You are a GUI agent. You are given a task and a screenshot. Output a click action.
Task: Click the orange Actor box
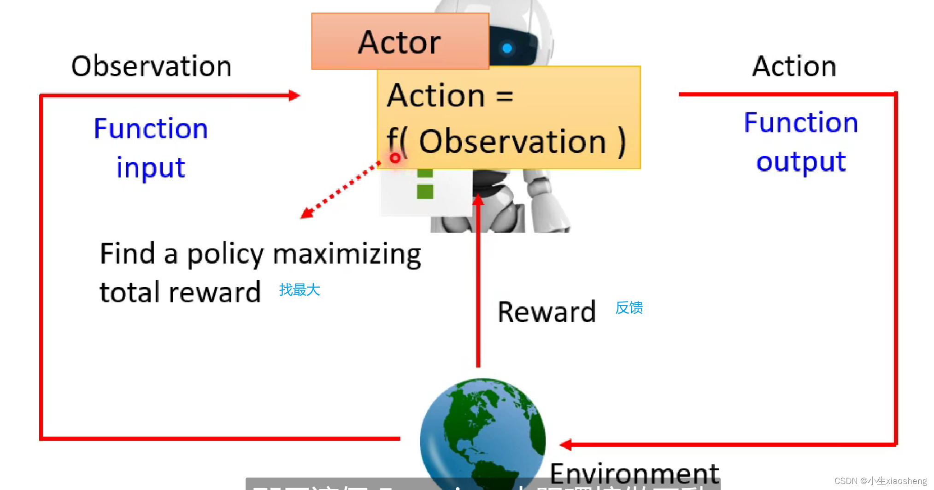pyautogui.click(x=400, y=41)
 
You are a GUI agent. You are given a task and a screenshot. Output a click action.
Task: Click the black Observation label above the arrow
pyautogui.click(x=151, y=66)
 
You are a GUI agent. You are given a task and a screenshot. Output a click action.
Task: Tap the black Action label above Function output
pyautogui.click(x=794, y=66)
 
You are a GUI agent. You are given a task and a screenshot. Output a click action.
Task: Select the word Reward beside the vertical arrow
pyautogui.click(x=546, y=312)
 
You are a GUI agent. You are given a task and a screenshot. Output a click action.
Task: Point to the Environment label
pyautogui.click(x=634, y=473)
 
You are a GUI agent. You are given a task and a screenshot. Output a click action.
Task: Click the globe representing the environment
pyautogui.click(x=482, y=433)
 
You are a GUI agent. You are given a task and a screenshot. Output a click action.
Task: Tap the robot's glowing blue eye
pyautogui.click(x=507, y=48)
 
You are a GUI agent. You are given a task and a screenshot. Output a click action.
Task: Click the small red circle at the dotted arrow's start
pyautogui.click(x=395, y=158)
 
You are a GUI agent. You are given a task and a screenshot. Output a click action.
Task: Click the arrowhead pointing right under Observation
pyautogui.click(x=294, y=95)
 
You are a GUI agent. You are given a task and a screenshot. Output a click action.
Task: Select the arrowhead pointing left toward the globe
pyautogui.click(x=566, y=444)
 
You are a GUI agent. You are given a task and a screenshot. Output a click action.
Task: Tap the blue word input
pyautogui.click(x=151, y=168)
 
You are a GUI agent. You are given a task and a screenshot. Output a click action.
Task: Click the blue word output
pyautogui.click(x=801, y=162)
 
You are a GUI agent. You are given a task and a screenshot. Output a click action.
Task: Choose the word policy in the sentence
pyautogui.click(x=225, y=254)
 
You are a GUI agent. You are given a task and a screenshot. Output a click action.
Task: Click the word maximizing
pyautogui.click(x=347, y=254)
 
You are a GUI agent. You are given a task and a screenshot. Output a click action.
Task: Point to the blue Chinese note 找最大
pyautogui.click(x=300, y=290)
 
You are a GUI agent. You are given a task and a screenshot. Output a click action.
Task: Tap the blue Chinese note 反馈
pyautogui.click(x=629, y=307)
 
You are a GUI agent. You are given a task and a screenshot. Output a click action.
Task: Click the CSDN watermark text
pyautogui.click(x=880, y=481)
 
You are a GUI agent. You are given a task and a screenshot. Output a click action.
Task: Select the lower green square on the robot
pyautogui.click(x=425, y=191)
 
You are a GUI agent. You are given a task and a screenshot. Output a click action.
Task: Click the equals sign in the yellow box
pyautogui.click(x=505, y=96)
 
